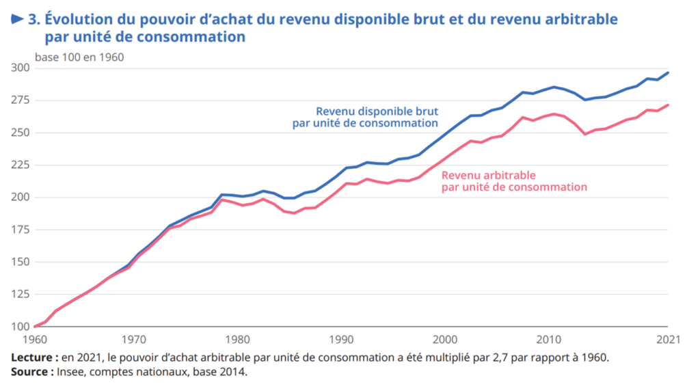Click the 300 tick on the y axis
coord(20,68)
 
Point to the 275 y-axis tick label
coord(20,100)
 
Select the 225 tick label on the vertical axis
coord(20,165)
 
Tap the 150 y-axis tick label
coord(20,262)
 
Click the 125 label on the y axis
coord(20,295)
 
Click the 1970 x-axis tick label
coord(133,339)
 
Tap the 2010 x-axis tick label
coord(550,339)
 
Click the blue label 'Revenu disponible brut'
coord(377,111)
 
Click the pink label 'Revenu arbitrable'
coord(488,174)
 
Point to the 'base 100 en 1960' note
coord(79,57)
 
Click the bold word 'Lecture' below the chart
coord(32,358)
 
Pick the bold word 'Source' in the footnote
coord(30,372)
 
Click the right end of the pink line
coord(668,105)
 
